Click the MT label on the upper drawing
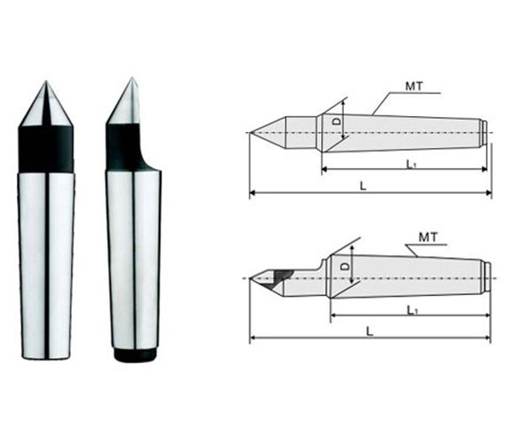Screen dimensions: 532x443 [x=414, y=87]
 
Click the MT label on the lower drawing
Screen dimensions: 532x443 [x=428, y=237]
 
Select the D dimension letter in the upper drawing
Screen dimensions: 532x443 [x=337, y=121]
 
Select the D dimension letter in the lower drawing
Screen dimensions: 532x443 [x=345, y=267]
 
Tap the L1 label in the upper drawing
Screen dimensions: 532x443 [x=411, y=165]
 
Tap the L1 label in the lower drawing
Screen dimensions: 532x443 [x=411, y=310]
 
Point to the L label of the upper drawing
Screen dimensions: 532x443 [x=364, y=186]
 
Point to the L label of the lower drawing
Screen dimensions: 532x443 [x=370, y=331]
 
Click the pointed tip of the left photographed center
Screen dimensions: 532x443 [x=46, y=82]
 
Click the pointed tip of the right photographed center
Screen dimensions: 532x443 [x=131, y=78]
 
